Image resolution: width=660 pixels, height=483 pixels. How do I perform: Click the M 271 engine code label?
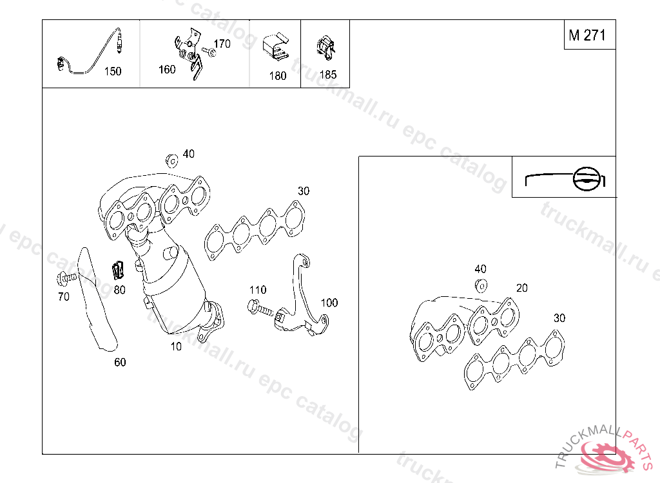click(587, 35)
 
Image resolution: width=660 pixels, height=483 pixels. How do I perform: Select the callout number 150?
click(113, 71)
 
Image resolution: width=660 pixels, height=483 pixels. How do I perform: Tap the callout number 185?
click(328, 75)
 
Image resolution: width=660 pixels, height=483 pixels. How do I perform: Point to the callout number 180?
click(278, 76)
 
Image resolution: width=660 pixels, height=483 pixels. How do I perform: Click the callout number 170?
click(222, 44)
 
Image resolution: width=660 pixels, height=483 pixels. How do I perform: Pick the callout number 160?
click(167, 70)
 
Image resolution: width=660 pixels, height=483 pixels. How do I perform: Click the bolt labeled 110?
click(260, 309)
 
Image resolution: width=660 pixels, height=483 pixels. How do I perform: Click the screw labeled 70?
click(66, 278)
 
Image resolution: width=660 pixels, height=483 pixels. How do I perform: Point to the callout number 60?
click(120, 362)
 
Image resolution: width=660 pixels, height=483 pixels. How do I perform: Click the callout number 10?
click(176, 346)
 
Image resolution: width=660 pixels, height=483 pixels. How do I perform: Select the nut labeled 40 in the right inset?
click(481, 286)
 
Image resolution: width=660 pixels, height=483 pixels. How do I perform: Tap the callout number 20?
click(522, 288)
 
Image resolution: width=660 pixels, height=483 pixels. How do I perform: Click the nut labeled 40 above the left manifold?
click(171, 160)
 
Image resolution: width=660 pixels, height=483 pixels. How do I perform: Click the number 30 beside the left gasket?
click(304, 191)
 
